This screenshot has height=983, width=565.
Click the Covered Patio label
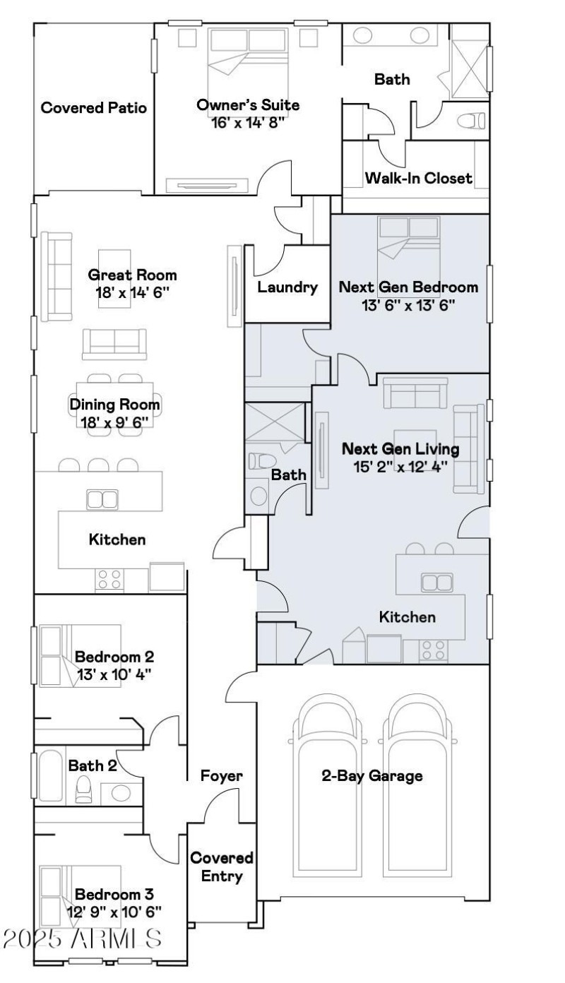93,107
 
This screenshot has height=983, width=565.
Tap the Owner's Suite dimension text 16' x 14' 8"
248,123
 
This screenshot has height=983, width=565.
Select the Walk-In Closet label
418,178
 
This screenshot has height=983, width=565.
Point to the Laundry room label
287,287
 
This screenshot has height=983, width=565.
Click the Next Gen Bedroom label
408,287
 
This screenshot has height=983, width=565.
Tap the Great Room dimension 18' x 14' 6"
132,292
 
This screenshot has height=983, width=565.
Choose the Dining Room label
114,404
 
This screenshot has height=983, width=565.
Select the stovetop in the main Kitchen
109,579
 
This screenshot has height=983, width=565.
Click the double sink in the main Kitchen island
102,499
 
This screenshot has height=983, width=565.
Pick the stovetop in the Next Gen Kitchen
434,651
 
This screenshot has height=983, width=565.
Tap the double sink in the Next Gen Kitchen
436,583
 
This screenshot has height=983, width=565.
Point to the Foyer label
221,776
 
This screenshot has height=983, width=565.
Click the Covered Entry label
222,866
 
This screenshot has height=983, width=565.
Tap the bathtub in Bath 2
52,776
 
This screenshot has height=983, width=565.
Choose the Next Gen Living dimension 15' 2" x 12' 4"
401,467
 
